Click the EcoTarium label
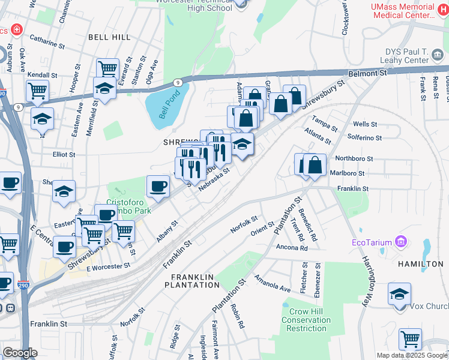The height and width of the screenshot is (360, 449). click(x=372, y=242)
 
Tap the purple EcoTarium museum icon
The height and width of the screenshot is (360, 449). click(x=401, y=242)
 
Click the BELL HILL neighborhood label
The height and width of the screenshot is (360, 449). click(x=109, y=37)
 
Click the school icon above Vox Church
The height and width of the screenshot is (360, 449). click(x=399, y=295)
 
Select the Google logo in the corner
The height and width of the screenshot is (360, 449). click(x=20, y=353)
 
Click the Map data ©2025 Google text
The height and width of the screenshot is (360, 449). click(x=411, y=355)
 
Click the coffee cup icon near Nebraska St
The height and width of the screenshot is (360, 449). click(x=158, y=186)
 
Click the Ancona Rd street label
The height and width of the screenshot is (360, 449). click(x=291, y=247)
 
